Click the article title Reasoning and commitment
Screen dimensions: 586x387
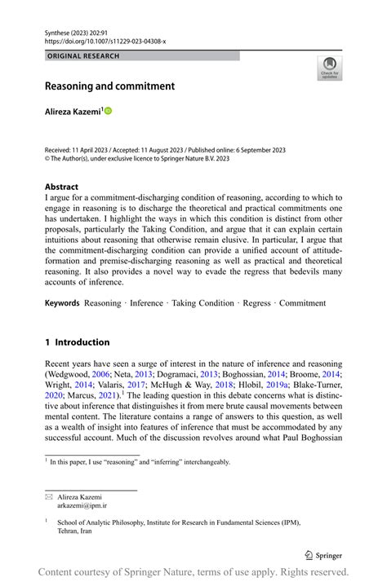pos(109,86)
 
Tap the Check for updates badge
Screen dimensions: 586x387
pos(329,68)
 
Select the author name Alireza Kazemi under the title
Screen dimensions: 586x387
pos(73,112)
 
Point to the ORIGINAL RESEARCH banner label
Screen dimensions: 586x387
pos(84,56)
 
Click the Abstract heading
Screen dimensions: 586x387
pos(62,187)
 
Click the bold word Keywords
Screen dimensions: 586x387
pos(62,303)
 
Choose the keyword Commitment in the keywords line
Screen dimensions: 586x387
pos(302,303)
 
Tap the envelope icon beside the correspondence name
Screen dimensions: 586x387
pos(48,496)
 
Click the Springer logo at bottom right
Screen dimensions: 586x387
pos(325,555)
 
